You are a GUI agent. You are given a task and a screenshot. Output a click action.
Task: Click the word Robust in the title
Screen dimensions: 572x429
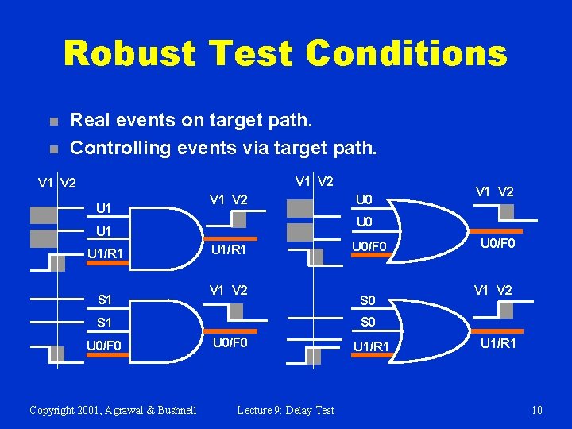coord(129,54)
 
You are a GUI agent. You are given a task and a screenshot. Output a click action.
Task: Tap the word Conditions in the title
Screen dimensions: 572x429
coord(406,54)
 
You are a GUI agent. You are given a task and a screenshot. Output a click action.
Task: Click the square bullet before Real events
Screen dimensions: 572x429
coord(52,122)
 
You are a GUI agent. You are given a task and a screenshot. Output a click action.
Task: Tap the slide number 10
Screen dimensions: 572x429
coord(536,410)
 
